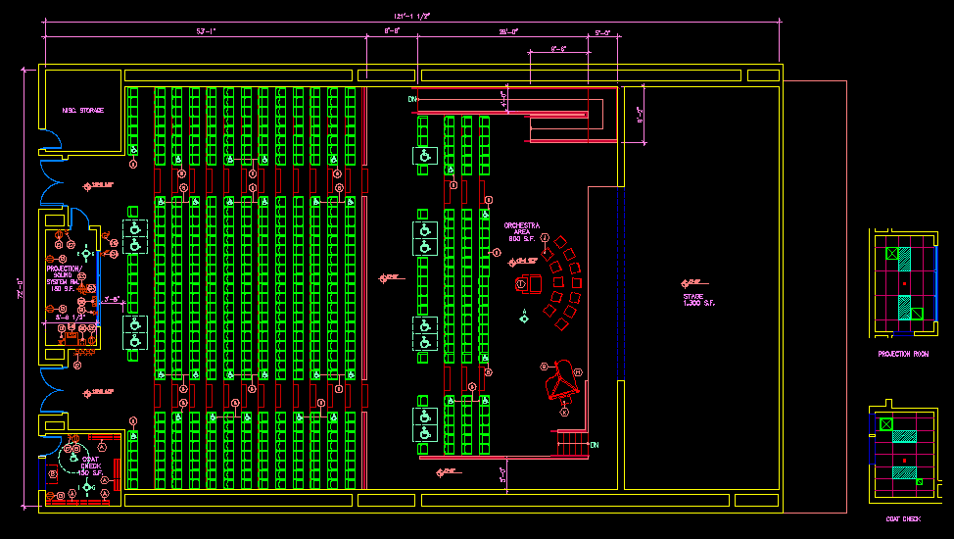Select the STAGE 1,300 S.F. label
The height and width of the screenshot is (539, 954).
click(699, 300)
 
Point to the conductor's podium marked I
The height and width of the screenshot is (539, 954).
click(523, 283)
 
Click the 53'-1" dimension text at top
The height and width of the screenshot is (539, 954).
click(206, 32)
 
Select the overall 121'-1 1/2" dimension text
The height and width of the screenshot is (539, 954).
click(412, 16)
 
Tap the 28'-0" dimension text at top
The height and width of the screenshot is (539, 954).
click(508, 32)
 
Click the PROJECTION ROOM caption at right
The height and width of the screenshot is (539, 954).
click(903, 354)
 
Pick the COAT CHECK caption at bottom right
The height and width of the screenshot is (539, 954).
click(903, 518)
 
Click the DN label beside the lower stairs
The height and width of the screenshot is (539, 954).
click(594, 444)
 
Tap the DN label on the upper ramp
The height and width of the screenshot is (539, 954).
click(412, 99)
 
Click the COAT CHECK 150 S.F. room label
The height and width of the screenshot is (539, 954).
click(89, 465)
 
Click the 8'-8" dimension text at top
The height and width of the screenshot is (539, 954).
click(391, 32)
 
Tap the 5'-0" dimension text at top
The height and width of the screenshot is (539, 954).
click(602, 32)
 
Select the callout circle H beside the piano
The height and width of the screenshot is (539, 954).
click(577, 371)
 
